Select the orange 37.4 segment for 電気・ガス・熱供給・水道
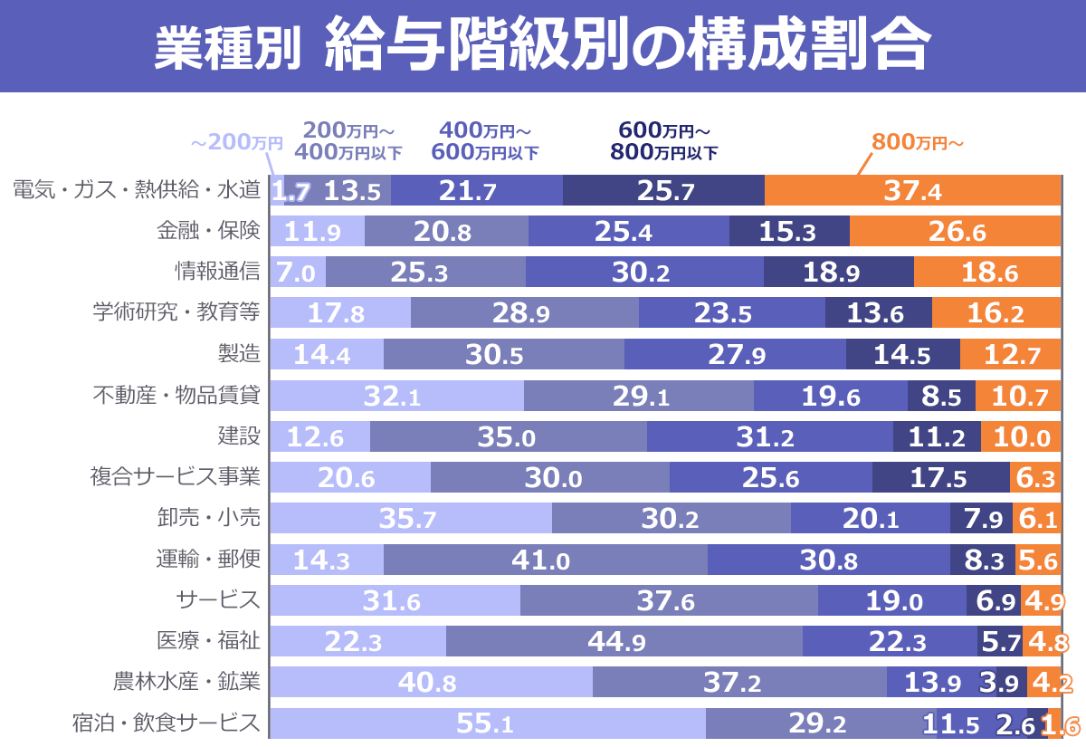[911, 191]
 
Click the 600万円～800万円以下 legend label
[664, 140]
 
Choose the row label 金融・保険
[208, 232]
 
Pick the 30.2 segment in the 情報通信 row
[644, 273]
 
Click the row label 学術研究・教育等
[176, 313]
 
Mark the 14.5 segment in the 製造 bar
[902, 354]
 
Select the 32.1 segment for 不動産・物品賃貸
[397, 396]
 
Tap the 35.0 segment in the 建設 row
[508, 436]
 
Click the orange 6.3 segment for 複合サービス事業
[1034, 477]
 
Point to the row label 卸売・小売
[208, 518]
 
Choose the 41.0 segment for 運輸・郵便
[545, 560]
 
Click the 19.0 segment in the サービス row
[892, 600]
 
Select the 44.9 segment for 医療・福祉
[624, 641]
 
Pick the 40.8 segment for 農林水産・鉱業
[432, 682]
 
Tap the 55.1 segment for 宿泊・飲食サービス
[488, 723]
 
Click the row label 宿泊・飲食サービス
[167, 723]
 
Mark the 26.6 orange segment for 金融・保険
[954, 232]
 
